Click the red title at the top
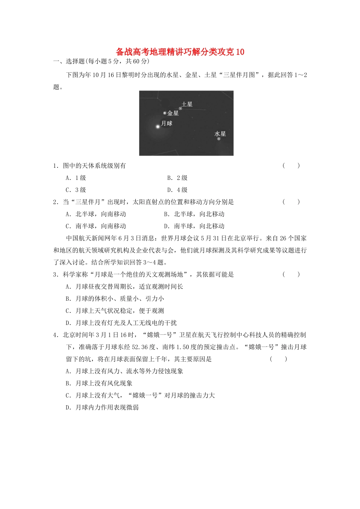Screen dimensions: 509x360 click(180, 52)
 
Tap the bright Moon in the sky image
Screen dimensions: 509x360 click(158, 126)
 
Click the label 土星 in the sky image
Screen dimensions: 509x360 click(187, 104)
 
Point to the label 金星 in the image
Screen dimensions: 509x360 click(173, 113)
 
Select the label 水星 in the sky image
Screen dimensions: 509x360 click(220, 134)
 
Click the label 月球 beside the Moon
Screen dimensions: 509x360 click(167, 123)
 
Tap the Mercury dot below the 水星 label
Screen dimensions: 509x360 click(219, 139)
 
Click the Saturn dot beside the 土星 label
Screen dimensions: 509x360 click(180, 108)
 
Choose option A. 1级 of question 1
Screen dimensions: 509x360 click(76, 178)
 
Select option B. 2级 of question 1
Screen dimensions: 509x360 click(177, 178)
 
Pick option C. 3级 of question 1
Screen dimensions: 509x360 click(76, 190)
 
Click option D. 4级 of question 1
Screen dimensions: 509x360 click(177, 190)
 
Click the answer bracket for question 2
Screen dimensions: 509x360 click(291, 202)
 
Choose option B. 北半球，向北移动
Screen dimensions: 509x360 click(194, 214)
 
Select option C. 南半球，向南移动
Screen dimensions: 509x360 click(96, 226)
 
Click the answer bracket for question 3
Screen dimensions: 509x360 click(291, 275)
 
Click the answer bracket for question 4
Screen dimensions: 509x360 click(279, 359)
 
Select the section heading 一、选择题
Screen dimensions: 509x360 click(69, 61)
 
